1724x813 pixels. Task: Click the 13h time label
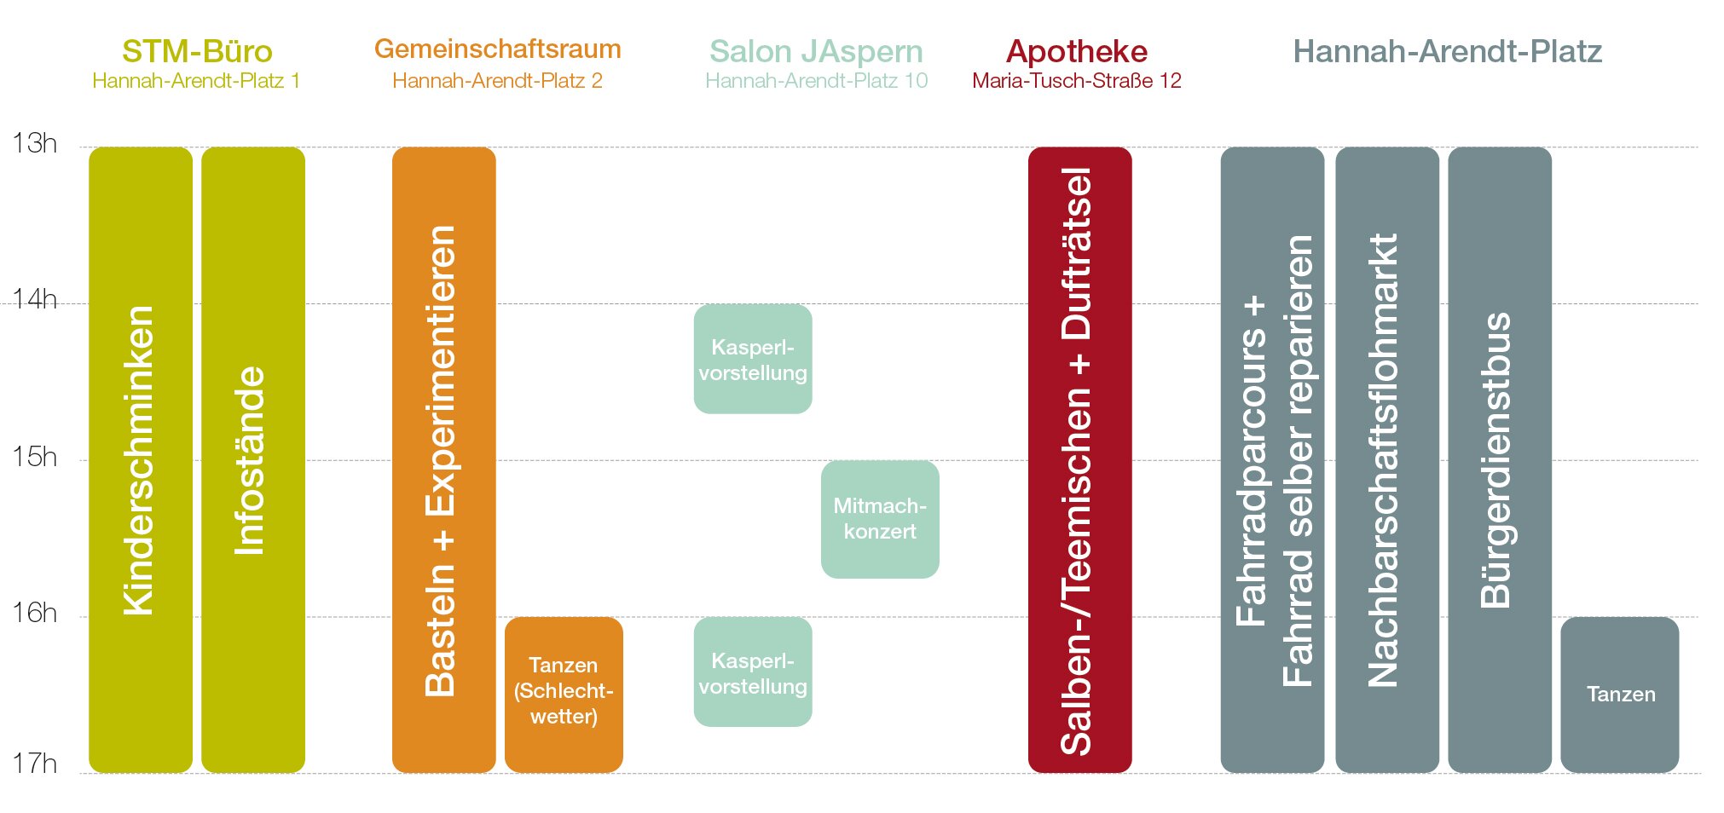coord(34,143)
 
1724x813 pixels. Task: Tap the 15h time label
coord(34,457)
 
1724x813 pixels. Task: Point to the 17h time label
coord(34,764)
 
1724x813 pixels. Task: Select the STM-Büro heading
coord(197,51)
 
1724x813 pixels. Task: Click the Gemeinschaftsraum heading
coord(497,49)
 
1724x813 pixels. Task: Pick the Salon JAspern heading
coord(816,51)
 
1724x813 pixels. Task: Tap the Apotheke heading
coord(1076,51)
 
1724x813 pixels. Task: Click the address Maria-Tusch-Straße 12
coord(1076,81)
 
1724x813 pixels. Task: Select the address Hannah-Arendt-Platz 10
coord(816,81)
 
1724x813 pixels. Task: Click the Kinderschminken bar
coord(141,460)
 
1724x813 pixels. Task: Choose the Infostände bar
coord(253,460)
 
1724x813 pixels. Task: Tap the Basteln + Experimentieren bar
coord(443,460)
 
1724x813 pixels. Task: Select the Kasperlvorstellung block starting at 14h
coord(753,359)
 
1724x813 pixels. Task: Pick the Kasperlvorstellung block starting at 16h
coord(753,672)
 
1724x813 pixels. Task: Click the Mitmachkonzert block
coord(880,519)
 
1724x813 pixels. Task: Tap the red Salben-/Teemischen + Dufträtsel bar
coord(1079,460)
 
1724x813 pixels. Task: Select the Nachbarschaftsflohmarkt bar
coord(1386,460)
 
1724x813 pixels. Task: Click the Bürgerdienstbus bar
coord(1499,460)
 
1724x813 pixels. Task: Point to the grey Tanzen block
coord(1619,694)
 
